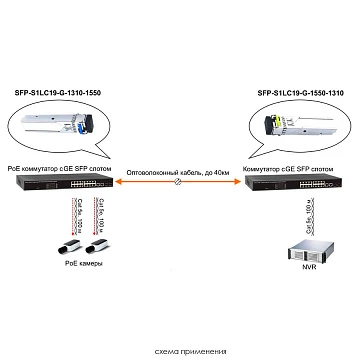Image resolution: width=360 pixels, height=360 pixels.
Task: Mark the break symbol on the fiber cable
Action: coord(178,186)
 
